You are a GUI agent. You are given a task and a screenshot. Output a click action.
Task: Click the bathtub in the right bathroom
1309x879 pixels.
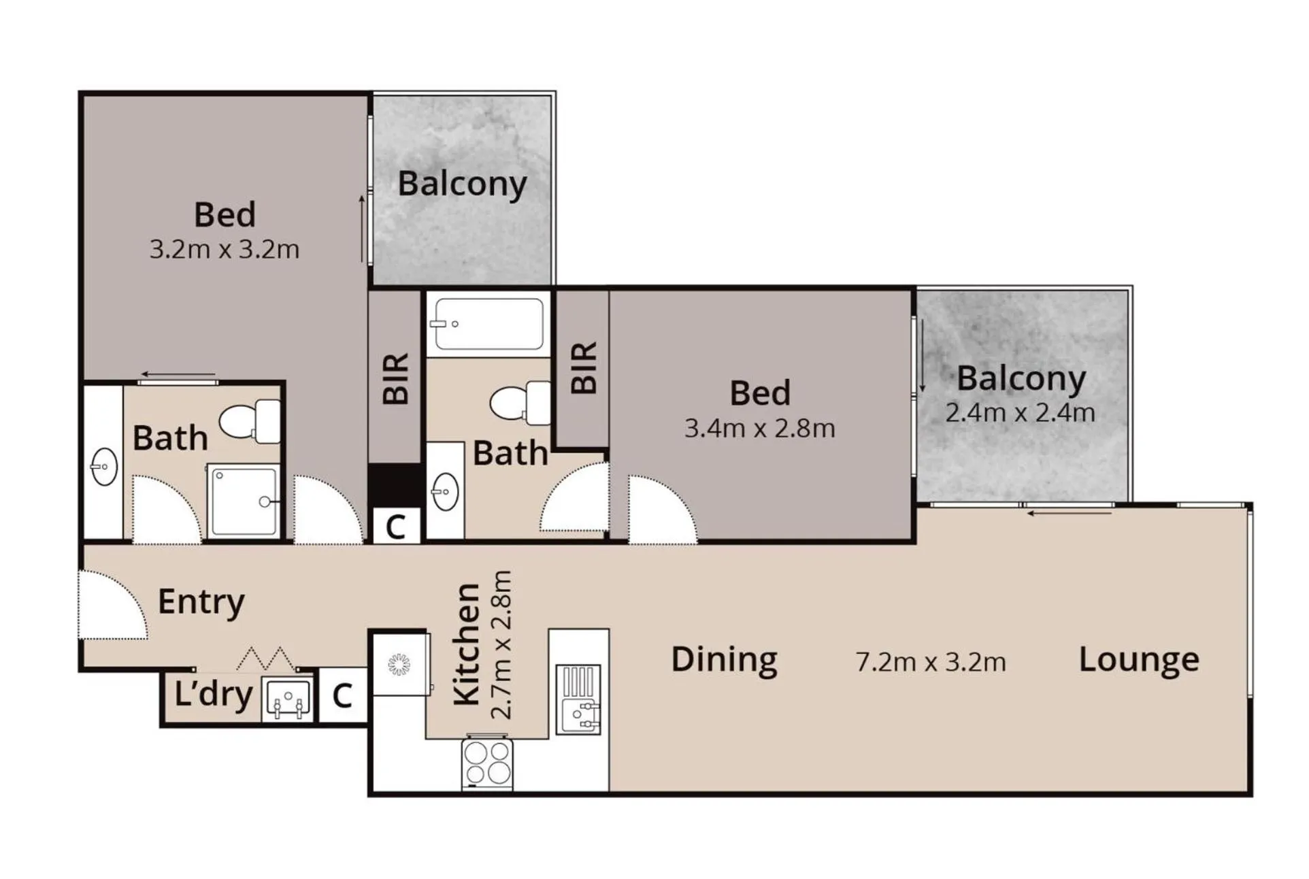488,325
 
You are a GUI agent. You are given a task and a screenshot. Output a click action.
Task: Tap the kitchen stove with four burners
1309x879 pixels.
487,763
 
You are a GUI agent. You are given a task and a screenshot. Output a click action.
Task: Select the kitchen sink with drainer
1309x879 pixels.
578,699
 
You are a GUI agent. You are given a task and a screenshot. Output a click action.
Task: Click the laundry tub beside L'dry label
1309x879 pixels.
288,699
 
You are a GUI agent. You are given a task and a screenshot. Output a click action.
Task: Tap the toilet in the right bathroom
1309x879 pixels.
520,403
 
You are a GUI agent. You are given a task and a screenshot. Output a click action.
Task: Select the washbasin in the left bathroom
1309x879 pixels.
104,467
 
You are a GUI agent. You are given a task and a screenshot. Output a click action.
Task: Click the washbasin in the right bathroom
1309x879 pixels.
445,491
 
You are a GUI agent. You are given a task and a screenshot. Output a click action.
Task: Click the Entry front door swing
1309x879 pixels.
112,606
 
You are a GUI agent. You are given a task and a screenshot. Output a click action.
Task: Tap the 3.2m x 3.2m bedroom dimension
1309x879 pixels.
225,250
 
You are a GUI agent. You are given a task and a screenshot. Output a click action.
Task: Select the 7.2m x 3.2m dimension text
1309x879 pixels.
930,662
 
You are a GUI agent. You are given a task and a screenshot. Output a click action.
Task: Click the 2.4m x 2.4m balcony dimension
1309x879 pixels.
1020,412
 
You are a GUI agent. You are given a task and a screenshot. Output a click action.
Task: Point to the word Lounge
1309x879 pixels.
1138,660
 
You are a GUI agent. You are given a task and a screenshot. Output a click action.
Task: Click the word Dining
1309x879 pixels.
724,660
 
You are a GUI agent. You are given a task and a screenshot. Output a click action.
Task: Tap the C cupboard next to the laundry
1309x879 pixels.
342,696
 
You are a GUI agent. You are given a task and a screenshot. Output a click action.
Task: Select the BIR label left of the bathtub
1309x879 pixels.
396,379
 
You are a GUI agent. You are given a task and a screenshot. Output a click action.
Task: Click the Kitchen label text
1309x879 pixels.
467,644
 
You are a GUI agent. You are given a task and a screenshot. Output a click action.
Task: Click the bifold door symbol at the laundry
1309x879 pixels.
266,659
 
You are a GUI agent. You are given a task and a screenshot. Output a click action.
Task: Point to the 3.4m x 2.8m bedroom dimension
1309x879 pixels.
759,429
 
